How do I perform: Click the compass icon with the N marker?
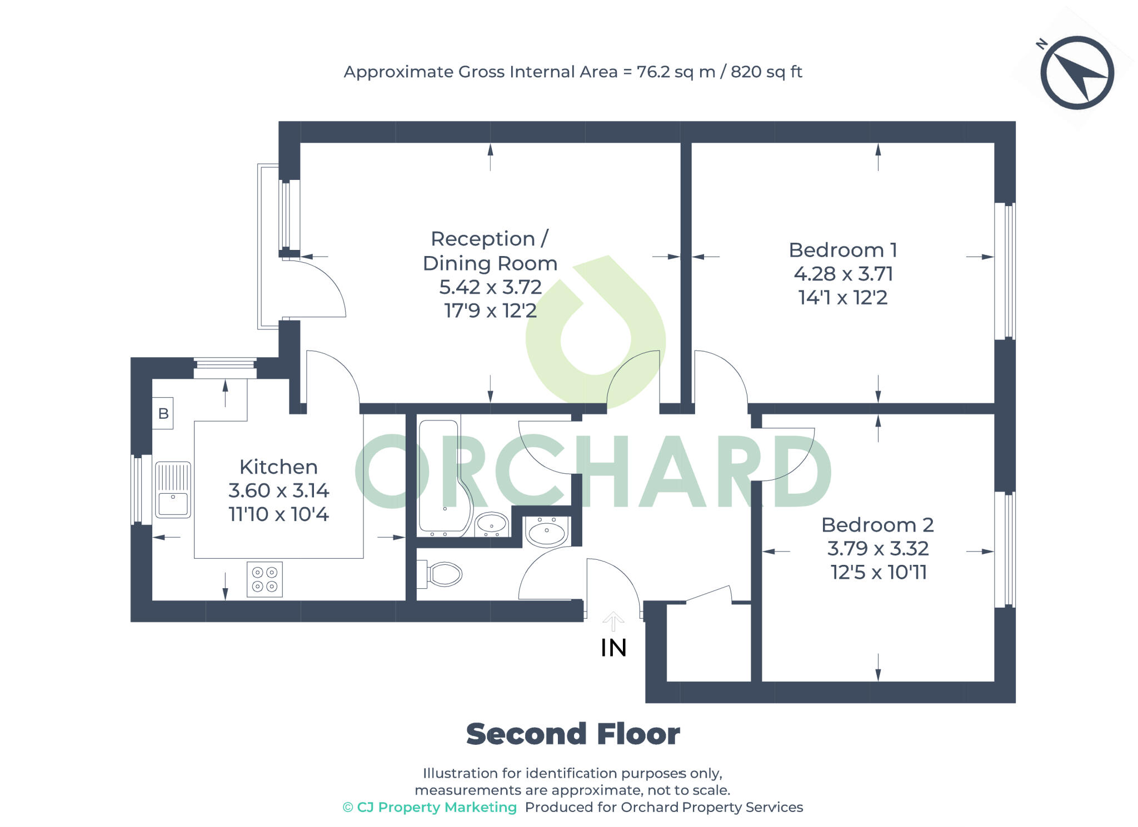[x=1076, y=73]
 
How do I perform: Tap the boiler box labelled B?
[x=163, y=413]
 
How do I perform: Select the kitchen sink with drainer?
[x=173, y=489]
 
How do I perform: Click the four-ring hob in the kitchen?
[x=264, y=579]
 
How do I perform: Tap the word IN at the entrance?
[x=613, y=648]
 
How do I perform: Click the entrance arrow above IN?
[x=613, y=621]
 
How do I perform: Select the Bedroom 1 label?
[x=842, y=250]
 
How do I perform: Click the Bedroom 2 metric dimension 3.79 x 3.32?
[x=877, y=549]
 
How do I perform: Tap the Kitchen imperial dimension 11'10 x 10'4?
[x=278, y=514]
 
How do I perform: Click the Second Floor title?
[x=572, y=734]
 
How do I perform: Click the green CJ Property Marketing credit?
[x=430, y=807]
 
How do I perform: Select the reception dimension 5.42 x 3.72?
[x=490, y=287]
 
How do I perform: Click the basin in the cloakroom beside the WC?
[x=547, y=530]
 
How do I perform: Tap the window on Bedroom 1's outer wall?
[x=1005, y=270]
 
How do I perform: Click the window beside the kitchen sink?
[x=142, y=489]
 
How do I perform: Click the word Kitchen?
[x=278, y=467]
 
